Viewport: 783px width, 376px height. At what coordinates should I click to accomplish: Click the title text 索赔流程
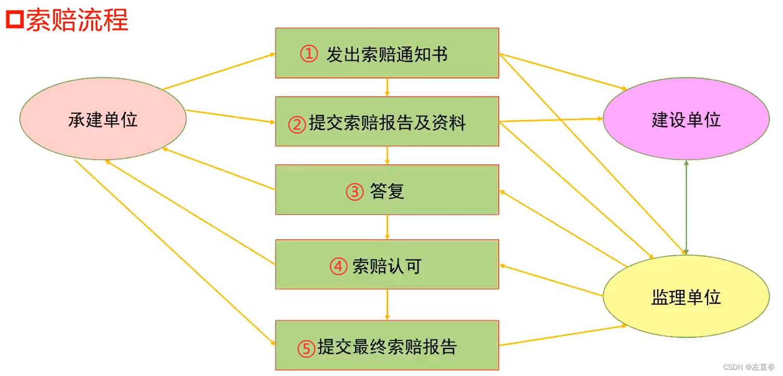tap(76, 20)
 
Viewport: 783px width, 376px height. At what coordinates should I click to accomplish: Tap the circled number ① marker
tap(309, 54)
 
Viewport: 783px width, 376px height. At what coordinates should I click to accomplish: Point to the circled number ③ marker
tap(355, 192)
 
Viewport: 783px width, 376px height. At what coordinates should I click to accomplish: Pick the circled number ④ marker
tap(338, 267)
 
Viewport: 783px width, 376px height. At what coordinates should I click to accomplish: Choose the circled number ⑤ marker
tap(306, 348)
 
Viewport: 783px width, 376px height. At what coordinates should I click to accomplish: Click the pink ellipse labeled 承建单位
tap(103, 120)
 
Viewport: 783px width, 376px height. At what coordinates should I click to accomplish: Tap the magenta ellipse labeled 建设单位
tap(686, 120)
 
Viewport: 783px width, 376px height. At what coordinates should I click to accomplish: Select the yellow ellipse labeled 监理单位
tap(686, 297)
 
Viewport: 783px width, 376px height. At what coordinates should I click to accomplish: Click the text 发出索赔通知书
tap(387, 54)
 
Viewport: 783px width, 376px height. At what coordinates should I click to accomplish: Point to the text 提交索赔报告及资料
tap(387, 123)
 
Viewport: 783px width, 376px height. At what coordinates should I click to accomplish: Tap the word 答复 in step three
tap(387, 191)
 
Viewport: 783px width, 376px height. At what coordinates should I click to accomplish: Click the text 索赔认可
tap(387, 266)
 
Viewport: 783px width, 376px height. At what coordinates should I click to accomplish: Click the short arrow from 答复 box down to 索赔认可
tap(387, 227)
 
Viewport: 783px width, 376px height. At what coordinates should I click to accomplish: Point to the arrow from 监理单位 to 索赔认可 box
tap(551, 280)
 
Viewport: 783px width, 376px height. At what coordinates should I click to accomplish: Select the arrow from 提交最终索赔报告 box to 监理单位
tap(562, 336)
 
